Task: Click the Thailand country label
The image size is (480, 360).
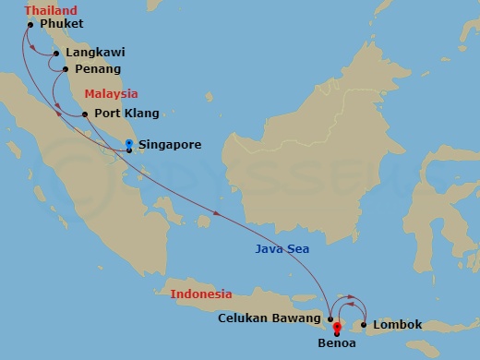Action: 51,9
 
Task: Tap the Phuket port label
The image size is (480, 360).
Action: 62,23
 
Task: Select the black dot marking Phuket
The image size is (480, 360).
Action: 31,24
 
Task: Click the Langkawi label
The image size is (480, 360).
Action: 95,54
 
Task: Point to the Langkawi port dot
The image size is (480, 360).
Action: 56,54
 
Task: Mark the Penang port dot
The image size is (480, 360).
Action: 65,69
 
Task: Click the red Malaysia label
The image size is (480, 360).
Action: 111,94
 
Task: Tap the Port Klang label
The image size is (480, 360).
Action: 127,114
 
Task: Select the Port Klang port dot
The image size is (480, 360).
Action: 85,114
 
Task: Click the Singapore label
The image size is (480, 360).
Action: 170,145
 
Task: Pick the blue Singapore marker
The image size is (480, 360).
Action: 128,143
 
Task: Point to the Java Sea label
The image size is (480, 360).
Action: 283,249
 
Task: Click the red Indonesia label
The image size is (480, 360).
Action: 201,294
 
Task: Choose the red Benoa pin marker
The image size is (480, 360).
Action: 337,326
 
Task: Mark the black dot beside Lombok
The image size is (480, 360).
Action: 365,325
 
